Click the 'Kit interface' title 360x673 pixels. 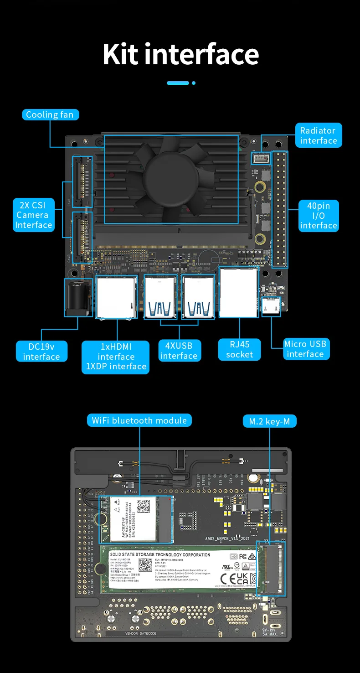pos(180,54)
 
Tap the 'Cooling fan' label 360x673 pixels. pos(50,114)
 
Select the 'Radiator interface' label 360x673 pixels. pos(318,135)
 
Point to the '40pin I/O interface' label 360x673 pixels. pos(319,216)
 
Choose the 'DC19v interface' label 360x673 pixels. pos(41,351)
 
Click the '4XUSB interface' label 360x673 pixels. pos(179,351)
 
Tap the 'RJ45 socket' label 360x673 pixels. pos(239,350)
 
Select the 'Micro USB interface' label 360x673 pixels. pos(305,349)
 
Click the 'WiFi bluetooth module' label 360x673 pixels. pos(139,420)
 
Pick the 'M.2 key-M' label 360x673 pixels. pos(269,421)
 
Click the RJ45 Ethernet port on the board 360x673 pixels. pos(238,292)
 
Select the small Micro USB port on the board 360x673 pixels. pos(271,306)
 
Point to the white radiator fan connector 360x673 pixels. pos(261,159)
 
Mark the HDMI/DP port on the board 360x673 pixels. pos(116,297)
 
